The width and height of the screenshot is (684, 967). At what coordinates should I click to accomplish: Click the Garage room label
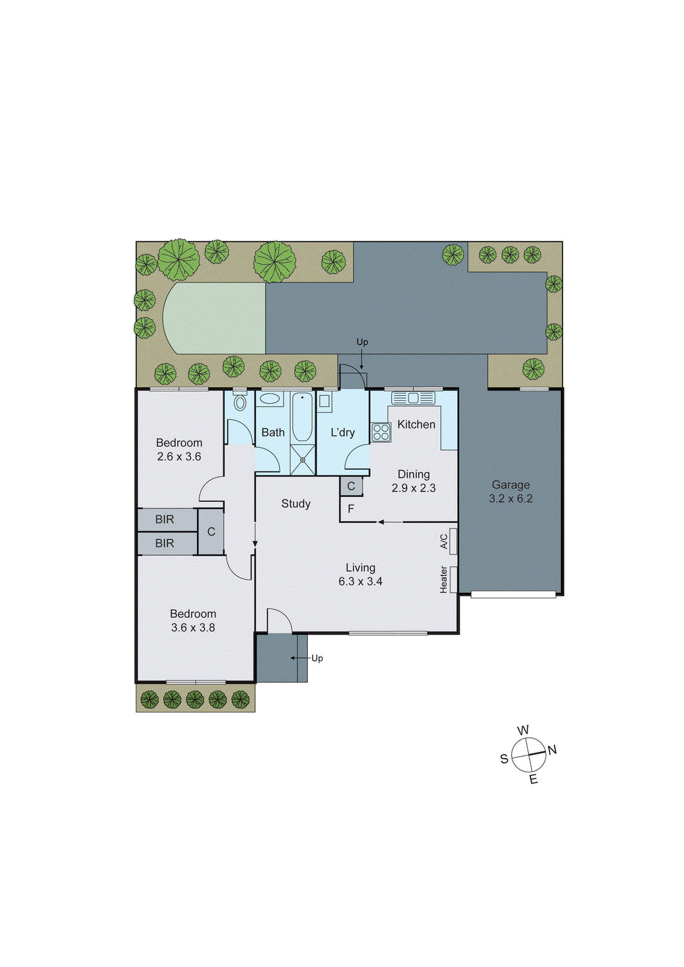coord(510,485)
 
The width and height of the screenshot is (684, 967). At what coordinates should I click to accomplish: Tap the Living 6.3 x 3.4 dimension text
coord(360,581)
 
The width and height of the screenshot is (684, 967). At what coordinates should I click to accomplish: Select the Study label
coord(296,503)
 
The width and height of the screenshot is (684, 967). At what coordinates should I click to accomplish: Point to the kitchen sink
coord(413,398)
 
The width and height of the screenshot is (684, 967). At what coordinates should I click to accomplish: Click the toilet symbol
coord(240,403)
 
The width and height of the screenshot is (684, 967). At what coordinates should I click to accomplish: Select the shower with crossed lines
coord(302,460)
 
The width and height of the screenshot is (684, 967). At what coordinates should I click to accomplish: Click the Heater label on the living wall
coord(444,579)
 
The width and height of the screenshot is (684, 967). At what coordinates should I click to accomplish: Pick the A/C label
coord(444,542)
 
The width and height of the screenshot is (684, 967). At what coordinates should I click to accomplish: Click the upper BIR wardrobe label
coord(164,519)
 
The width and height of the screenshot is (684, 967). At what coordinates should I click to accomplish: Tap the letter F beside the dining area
coord(351,509)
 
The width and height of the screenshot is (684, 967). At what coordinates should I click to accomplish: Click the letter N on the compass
coord(552,750)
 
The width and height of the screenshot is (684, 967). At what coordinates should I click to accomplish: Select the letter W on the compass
coord(523,730)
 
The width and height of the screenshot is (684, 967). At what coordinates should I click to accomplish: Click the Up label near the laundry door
coord(362,342)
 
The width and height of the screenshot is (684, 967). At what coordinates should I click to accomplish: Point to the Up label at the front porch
coord(317,658)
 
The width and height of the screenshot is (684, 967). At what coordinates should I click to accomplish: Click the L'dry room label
coord(342,433)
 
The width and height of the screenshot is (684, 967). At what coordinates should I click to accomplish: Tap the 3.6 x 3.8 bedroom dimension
coord(193,628)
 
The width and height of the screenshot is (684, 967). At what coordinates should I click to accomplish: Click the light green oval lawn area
coord(215,318)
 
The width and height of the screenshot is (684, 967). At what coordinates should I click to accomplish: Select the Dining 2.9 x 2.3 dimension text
coord(414,488)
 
